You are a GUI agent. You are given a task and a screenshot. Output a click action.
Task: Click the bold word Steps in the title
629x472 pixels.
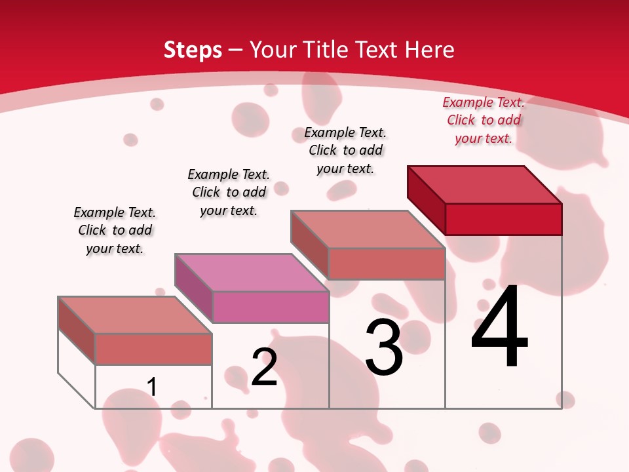tap(193, 50)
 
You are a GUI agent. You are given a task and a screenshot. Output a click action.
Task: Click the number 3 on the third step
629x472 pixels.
tap(384, 347)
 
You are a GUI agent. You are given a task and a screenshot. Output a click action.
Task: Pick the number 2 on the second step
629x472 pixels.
tap(265, 367)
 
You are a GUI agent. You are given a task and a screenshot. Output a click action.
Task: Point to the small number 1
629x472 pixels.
tap(152, 387)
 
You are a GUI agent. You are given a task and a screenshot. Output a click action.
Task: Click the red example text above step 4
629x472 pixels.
tap(484, 120)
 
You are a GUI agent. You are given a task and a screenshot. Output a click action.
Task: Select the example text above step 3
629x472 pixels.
tap(345, 150)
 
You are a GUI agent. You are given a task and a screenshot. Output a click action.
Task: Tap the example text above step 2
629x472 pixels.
tap(229, 192)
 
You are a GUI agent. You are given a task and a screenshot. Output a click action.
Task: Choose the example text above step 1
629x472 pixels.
tap(115, 230)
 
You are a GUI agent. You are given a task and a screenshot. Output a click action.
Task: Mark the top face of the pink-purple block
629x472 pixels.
tap(252, 272)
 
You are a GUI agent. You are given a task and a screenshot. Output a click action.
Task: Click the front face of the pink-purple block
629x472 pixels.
tap(271, 307)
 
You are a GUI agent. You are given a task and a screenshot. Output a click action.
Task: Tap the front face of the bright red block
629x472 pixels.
tap(503, 219)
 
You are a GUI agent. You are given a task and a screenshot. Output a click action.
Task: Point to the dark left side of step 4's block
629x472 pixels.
tap(426, 199)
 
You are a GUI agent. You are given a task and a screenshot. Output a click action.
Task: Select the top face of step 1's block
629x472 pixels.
tap(135, 315)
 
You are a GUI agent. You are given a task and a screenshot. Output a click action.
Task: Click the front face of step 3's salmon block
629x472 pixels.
tap(387, 264)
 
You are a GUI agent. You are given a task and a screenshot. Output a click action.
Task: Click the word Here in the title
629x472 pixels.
tap(430, 50)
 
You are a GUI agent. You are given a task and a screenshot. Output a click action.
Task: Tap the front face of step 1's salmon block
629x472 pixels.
tap(153, 349)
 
